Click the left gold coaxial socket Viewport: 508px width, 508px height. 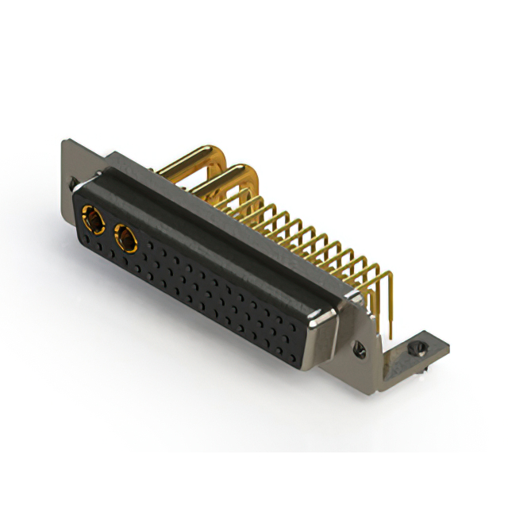point(92,218)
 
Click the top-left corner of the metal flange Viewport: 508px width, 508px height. point(65,144)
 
